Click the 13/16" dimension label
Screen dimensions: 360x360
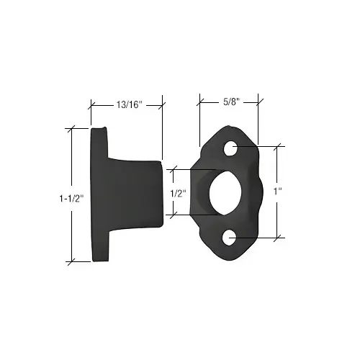130,105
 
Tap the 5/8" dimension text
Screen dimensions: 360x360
230,101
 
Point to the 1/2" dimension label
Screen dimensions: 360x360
179,193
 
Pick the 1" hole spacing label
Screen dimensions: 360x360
277,192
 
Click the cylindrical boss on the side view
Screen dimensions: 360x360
140,193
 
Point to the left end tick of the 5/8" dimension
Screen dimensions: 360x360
200,101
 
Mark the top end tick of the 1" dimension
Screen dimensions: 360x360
276,147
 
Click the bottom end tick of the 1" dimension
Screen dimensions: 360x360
276,237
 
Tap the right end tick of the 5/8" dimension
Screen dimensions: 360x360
260,101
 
